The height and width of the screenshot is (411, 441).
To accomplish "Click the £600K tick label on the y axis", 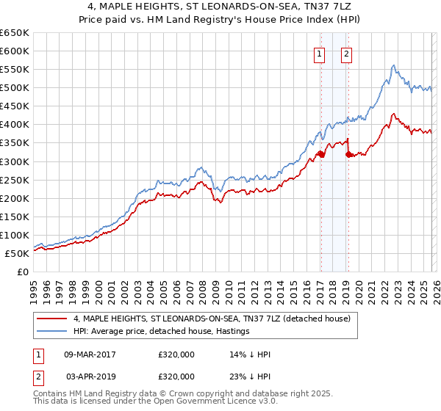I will point(15,51).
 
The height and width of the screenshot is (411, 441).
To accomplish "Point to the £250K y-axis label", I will point(15,180).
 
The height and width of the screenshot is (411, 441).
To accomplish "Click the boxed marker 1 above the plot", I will point(320,53).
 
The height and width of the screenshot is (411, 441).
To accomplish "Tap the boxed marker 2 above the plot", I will point(346,53).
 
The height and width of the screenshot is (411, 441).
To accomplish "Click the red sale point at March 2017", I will point(321,154).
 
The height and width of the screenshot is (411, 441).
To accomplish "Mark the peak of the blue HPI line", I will point(393,65).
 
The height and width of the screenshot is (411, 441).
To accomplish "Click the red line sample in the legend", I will point(52,319).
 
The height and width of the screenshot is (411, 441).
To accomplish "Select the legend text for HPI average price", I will point(162,331).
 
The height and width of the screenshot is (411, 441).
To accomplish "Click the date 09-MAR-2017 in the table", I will point(90,354).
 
